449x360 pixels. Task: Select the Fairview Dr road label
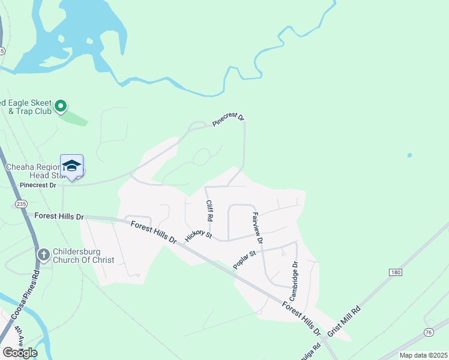pos(258,227)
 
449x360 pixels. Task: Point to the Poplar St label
pos(245,260)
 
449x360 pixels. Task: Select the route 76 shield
pos(428,332)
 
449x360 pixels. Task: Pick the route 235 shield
pos(21,205)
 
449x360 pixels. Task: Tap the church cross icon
pos(43,255)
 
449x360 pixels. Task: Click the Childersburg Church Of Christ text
pos(83,255)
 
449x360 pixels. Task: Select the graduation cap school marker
pos(71,166)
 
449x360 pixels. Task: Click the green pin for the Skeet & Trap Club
pos(61,107)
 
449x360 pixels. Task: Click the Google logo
pos(20,352)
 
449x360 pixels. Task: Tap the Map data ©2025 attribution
pos(423,355)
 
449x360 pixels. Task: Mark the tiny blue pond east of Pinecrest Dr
pos(409,155)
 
